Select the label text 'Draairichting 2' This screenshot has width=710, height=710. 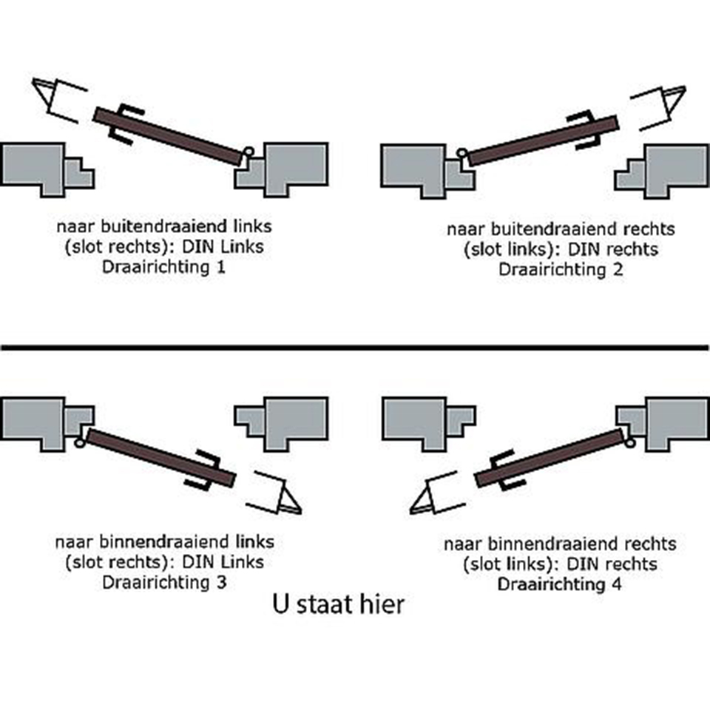tap(560, 268)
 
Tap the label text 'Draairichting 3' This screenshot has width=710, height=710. tap(164, 582)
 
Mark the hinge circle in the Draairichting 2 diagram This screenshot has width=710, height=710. tap(462, 154)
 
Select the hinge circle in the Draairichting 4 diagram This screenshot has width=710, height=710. tap(629, 442)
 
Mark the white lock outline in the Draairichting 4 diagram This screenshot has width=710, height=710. tap(436, 492)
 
